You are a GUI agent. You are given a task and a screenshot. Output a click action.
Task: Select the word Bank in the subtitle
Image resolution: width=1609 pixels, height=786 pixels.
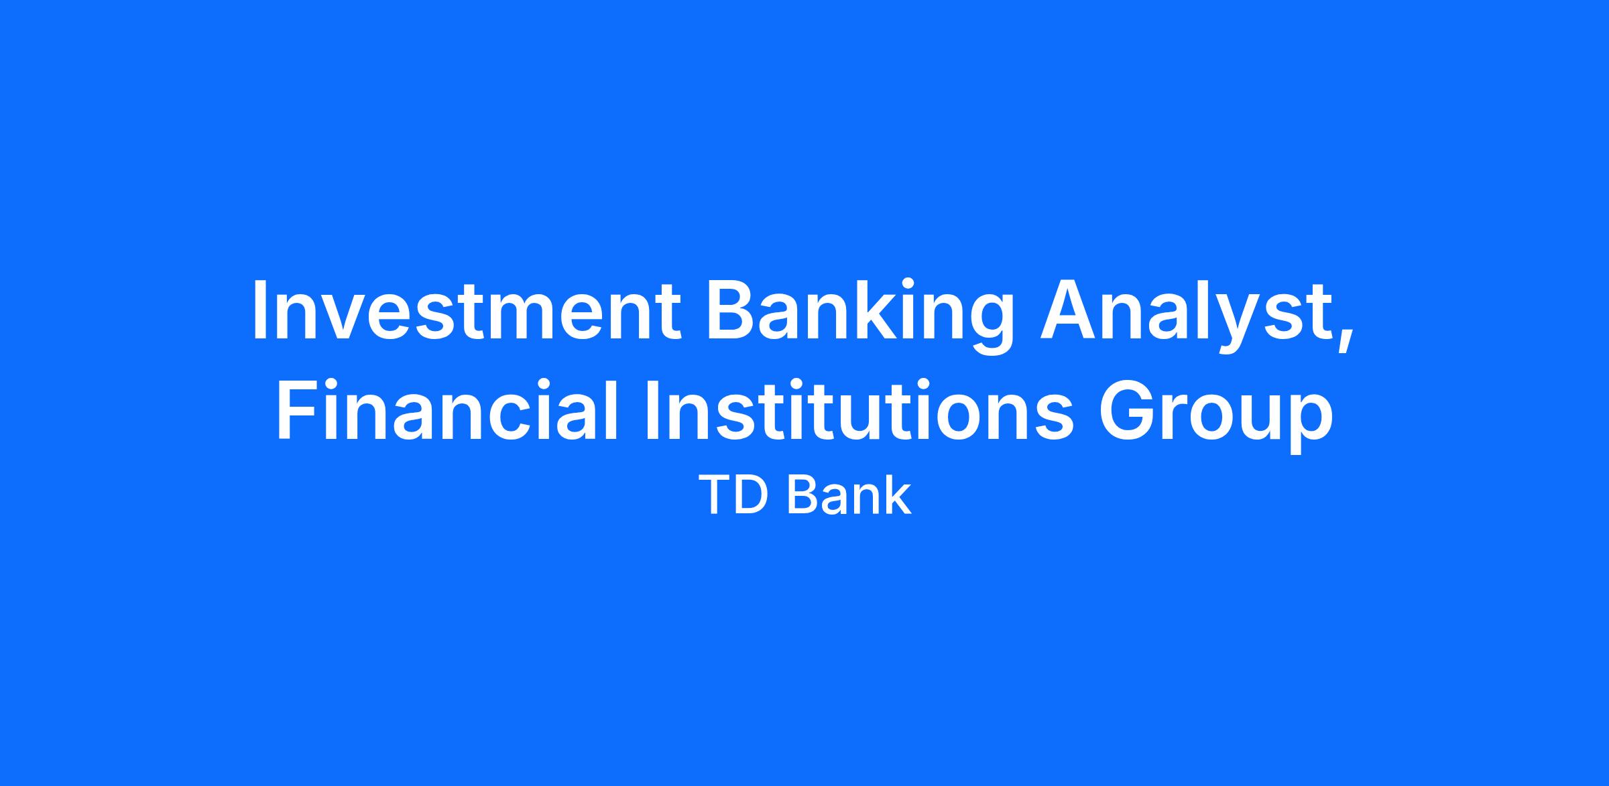pyautogui.click(x=849, y=495)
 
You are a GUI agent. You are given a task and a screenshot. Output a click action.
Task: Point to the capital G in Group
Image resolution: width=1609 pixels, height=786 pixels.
pyautogui.click(x=1127, y=410)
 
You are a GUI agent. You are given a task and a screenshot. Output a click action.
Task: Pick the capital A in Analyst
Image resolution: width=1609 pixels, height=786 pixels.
pyautogui.click(x=1068, y=311)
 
